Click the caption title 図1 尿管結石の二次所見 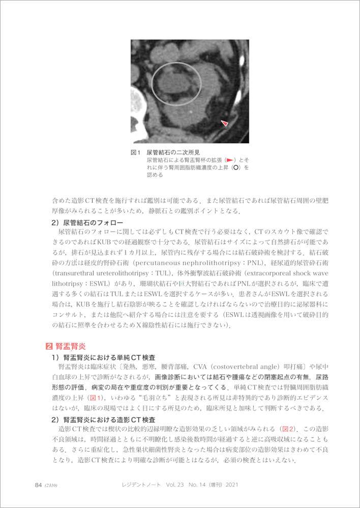pyautogui.click(x=165, y=152)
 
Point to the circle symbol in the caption pyautogui.click(x=235, y=167)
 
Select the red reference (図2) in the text pyautogui.click(x=289, y=429)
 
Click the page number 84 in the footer pyautogui.click(x=38, y=485)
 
